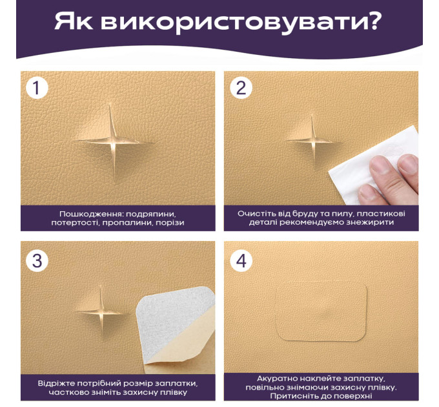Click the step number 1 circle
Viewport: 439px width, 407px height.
click(37, 88)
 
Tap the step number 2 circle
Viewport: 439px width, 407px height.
click(241, 88)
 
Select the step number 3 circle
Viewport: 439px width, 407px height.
click(37, 261)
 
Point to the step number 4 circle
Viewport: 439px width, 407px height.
click(241, 261)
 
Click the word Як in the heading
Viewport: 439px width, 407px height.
click(73, 21)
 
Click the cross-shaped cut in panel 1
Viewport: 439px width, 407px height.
click(114, 141)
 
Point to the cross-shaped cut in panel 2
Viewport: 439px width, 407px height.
click(313, 140)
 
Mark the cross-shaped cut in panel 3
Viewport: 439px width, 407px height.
click(101, 311)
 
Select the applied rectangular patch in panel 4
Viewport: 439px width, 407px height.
click(322, 311)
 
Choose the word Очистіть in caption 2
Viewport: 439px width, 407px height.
click(252, 214)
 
